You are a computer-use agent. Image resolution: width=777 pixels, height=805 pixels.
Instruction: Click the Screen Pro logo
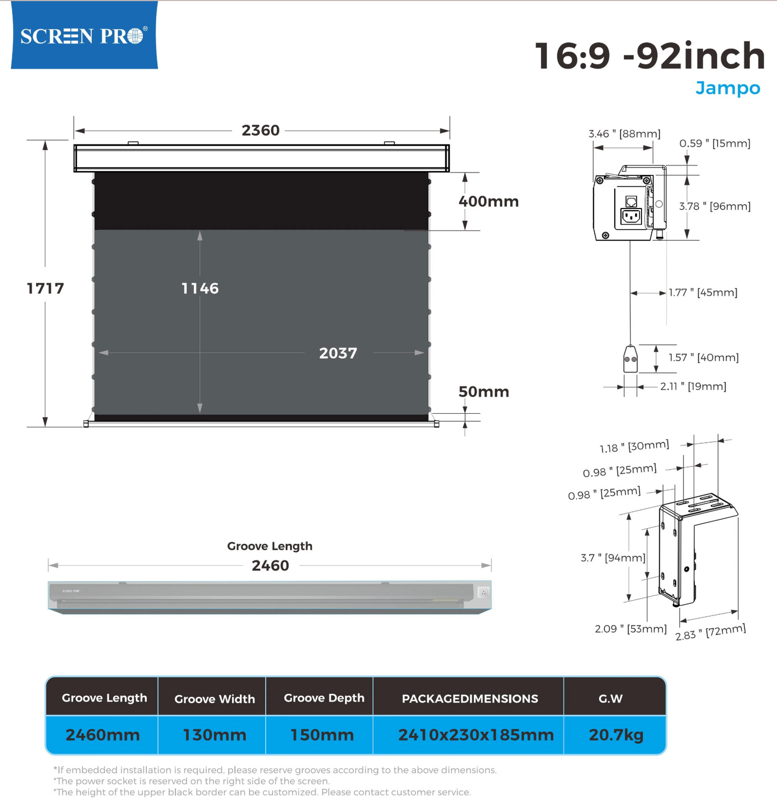[x=84, y=35]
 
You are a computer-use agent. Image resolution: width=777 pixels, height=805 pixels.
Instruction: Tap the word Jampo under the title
[x=728, y=88]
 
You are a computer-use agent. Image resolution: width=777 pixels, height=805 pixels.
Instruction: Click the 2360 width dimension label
[x=261, y=131]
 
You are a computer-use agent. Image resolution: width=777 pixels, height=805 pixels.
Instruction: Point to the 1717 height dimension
[x=46, y=289]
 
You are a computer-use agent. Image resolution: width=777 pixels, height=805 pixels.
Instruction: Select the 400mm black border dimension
[x=488, y=202]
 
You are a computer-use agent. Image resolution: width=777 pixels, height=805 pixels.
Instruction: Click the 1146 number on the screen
[x=200, y=289]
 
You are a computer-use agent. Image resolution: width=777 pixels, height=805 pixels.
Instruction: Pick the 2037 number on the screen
[x=338, y=353]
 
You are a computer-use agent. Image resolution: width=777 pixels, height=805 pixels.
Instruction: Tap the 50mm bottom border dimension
[x=483, y=392]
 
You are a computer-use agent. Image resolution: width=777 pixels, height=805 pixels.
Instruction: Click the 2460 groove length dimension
[x=270, y=565]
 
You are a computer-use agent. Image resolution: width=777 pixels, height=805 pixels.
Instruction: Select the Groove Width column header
[x=215, y=699]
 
